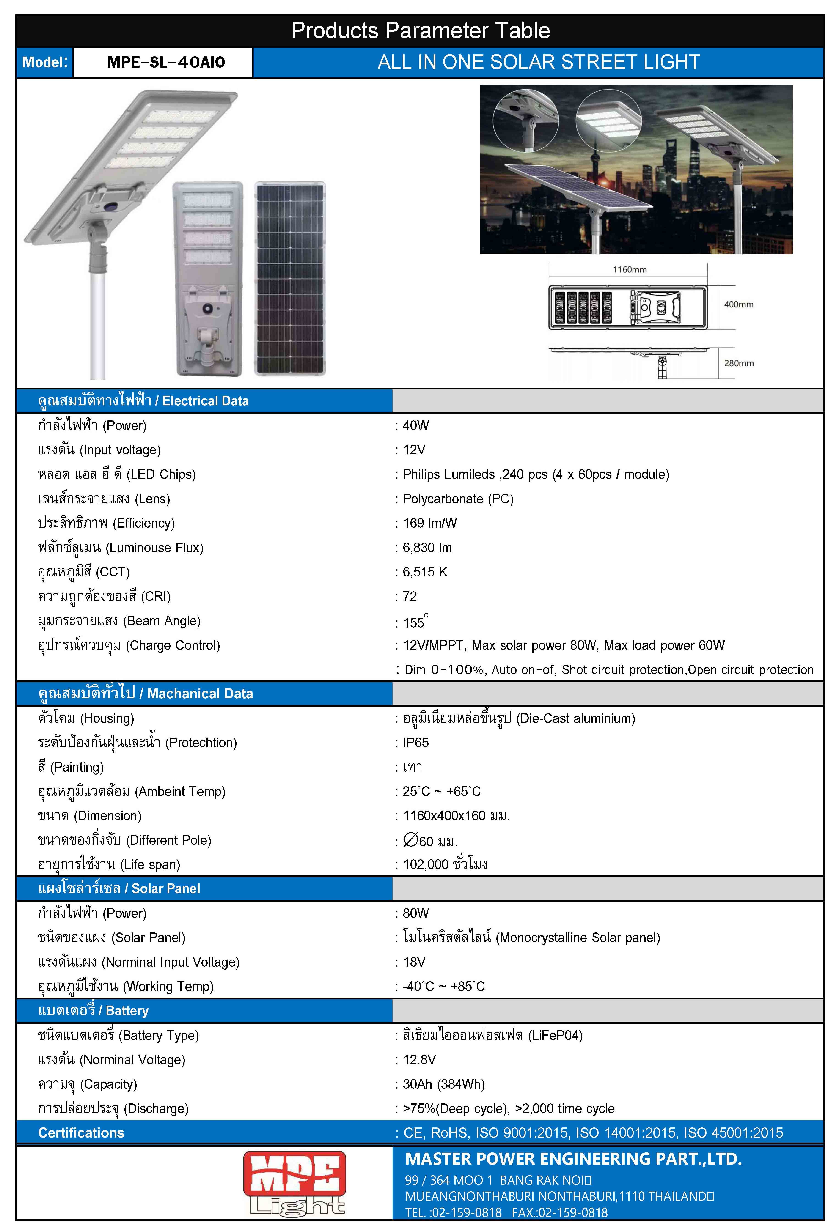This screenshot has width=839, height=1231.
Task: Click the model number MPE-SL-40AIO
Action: pos(166,63)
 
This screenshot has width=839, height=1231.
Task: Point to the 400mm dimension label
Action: pos(738,304)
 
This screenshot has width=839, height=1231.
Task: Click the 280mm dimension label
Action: pos(738,363)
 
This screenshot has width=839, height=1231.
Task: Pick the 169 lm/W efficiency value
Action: pos(429,523)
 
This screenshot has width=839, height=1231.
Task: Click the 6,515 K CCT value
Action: pos(425,572)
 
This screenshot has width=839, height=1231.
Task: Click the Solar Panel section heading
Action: pos(119,889)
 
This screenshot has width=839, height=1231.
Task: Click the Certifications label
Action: pos(81,1133)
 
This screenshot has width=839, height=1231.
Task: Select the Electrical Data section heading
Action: pos(143,401)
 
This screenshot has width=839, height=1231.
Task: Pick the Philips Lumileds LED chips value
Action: pos(536,475)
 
